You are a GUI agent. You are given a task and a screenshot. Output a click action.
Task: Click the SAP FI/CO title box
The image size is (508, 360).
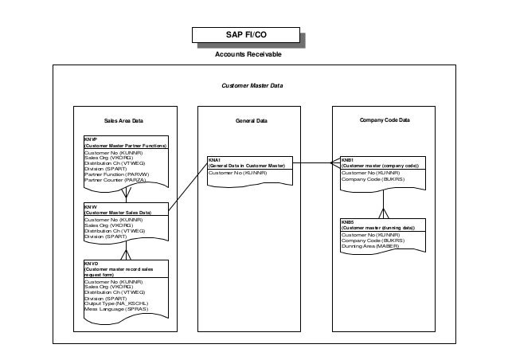coord(248,36)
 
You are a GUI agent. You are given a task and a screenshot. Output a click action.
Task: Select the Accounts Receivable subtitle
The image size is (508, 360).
coord(248,55)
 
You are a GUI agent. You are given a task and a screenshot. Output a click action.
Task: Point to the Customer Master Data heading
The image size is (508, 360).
coord(252,85)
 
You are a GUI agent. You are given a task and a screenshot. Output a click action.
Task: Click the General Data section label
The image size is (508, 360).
coord(251,121)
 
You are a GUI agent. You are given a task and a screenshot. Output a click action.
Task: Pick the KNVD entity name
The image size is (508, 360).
coord(91,263)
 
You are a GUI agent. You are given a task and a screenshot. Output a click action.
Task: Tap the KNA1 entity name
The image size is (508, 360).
coord(214,159)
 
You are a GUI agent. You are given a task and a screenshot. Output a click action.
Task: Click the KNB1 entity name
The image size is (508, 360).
coord(347,159)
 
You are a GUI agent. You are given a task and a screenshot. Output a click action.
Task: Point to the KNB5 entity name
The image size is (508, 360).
coord(347,222)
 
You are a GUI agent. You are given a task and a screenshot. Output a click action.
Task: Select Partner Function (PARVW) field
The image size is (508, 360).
coord(116,175)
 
